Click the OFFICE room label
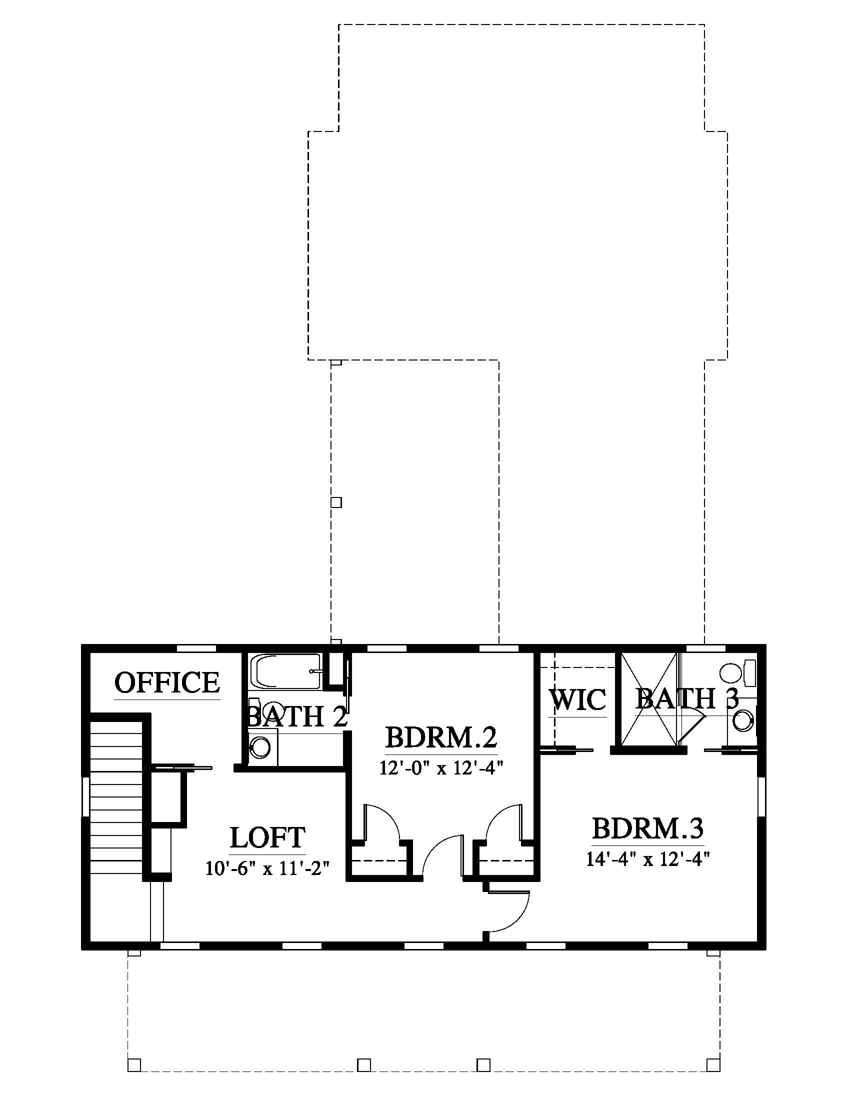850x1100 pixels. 167,683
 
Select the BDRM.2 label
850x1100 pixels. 441,737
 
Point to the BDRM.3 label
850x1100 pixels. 647,828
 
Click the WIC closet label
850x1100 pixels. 577,699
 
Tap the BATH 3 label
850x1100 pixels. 687,698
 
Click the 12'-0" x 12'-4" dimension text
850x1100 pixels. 441,767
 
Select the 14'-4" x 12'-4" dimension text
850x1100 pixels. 647,858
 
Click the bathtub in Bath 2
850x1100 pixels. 287,672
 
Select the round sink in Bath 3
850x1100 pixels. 742,720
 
